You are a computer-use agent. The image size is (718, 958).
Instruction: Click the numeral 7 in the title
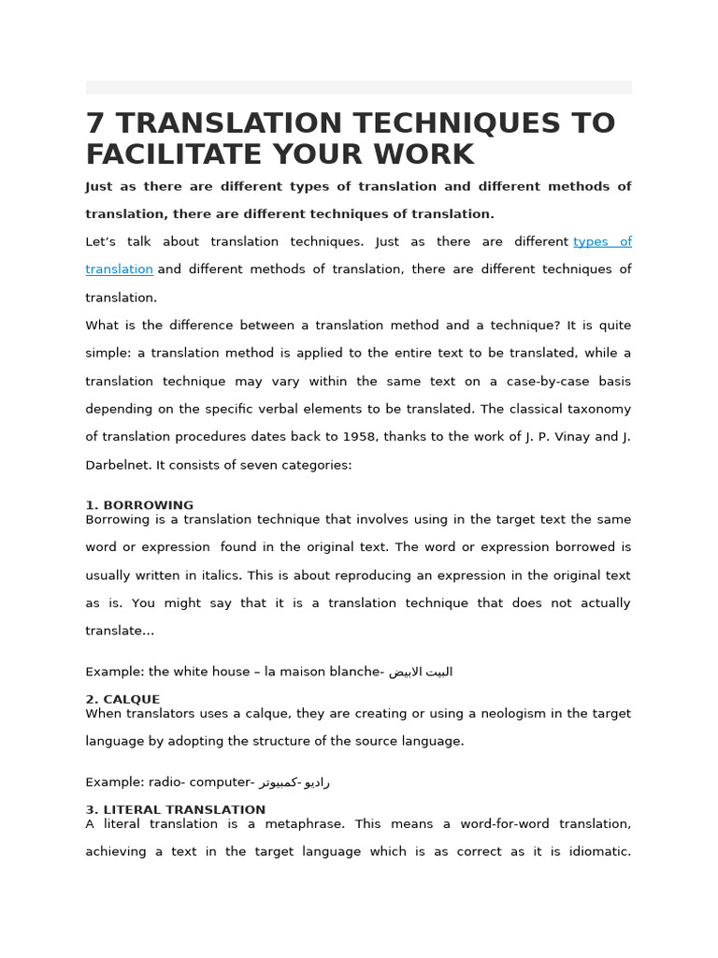click(95, 123)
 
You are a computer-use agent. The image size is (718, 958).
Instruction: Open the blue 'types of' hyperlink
click(602, 241)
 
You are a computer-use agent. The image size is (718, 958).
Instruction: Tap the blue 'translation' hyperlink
click(119, 269)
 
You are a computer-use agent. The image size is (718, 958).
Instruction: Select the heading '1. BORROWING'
click(139, 505)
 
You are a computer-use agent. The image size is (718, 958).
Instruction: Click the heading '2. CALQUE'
click(122, 699)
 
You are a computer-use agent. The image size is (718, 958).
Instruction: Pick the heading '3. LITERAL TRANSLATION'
click(175, 809)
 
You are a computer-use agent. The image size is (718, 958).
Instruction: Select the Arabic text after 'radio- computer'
click(295, 782)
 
